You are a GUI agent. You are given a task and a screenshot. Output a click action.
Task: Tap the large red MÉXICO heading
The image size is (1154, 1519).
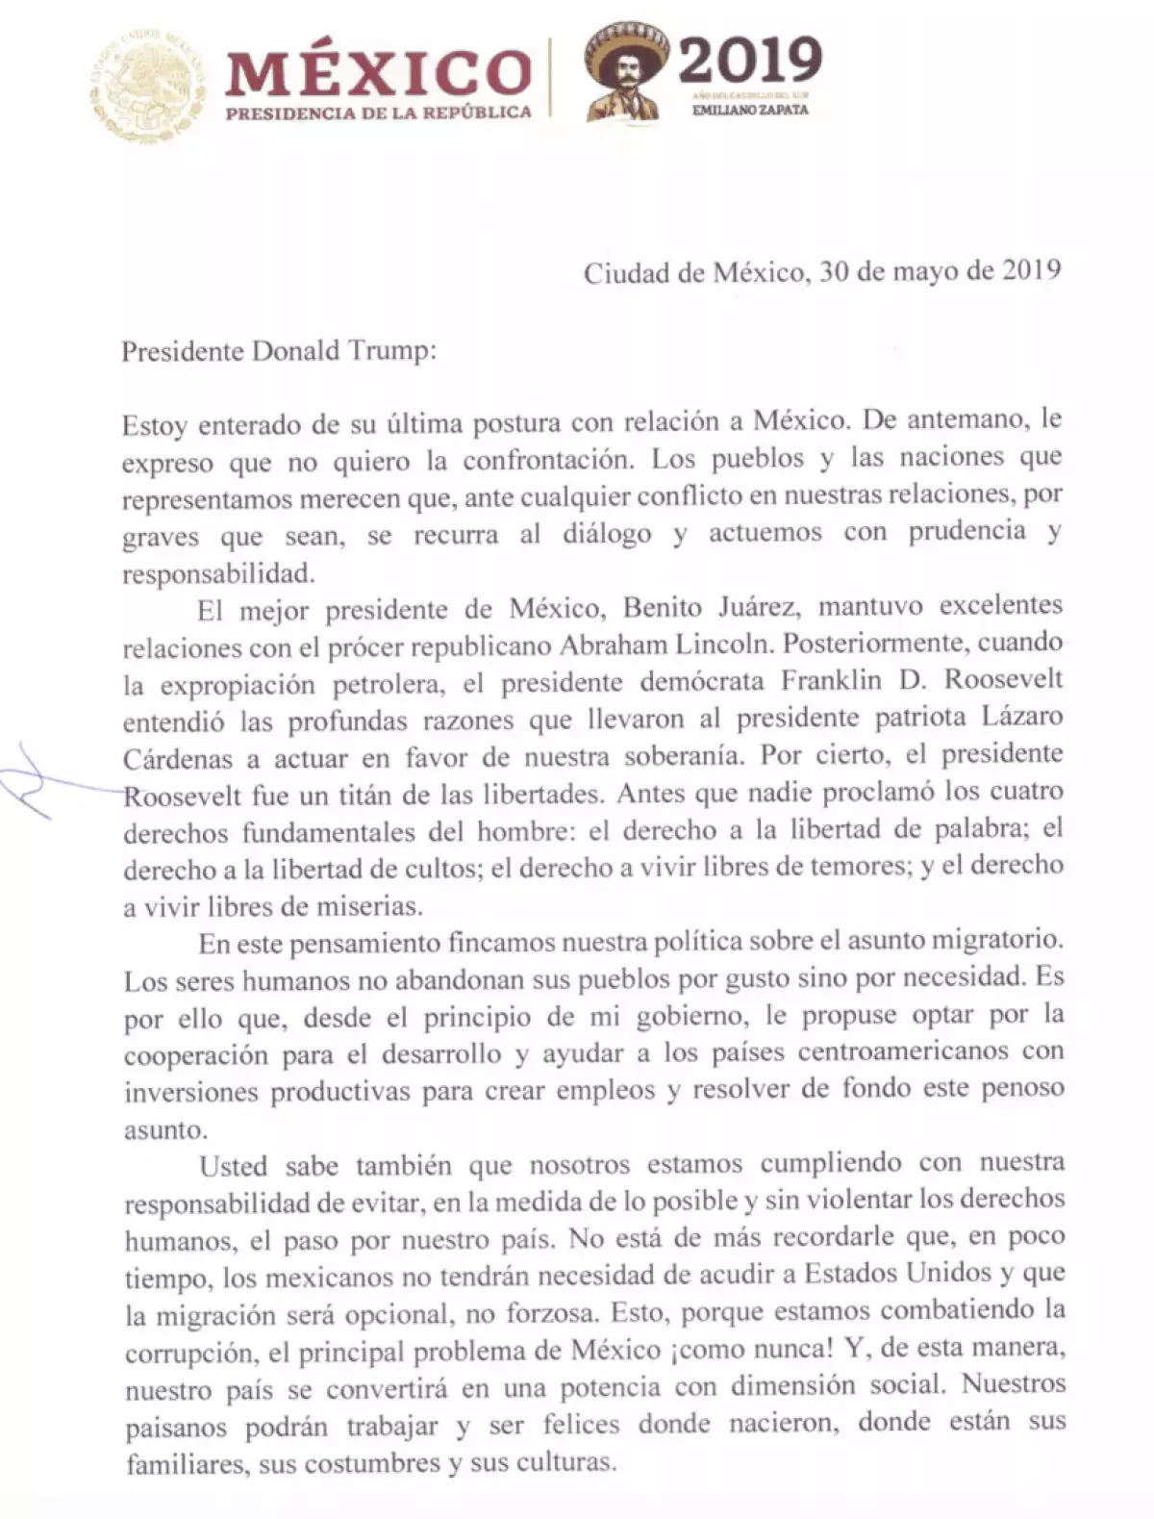(378, 73)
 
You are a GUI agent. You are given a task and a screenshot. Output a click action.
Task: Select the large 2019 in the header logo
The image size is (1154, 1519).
(750, 60)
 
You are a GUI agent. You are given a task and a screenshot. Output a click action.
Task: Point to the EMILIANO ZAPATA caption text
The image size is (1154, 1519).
(750, 110)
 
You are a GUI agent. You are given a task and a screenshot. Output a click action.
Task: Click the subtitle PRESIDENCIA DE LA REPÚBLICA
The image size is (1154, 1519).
(378, 114)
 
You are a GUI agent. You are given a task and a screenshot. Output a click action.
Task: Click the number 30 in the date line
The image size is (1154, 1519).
(834, 271)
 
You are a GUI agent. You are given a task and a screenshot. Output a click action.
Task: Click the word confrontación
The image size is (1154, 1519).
(548, 461)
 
